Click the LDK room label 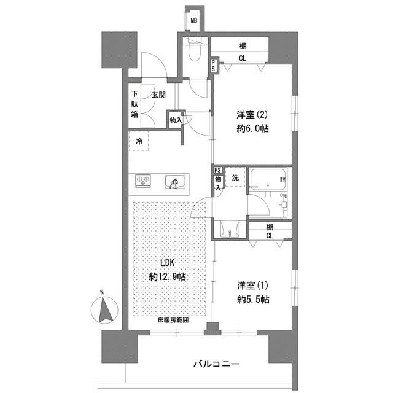(168, 263)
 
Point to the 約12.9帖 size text (168, 276)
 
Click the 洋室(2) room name (252, 114)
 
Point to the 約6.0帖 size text (252, 128)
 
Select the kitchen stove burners (144, 181)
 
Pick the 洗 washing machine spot (235, 178)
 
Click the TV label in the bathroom (282, 179)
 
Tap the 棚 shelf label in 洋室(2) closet (244, 45)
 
